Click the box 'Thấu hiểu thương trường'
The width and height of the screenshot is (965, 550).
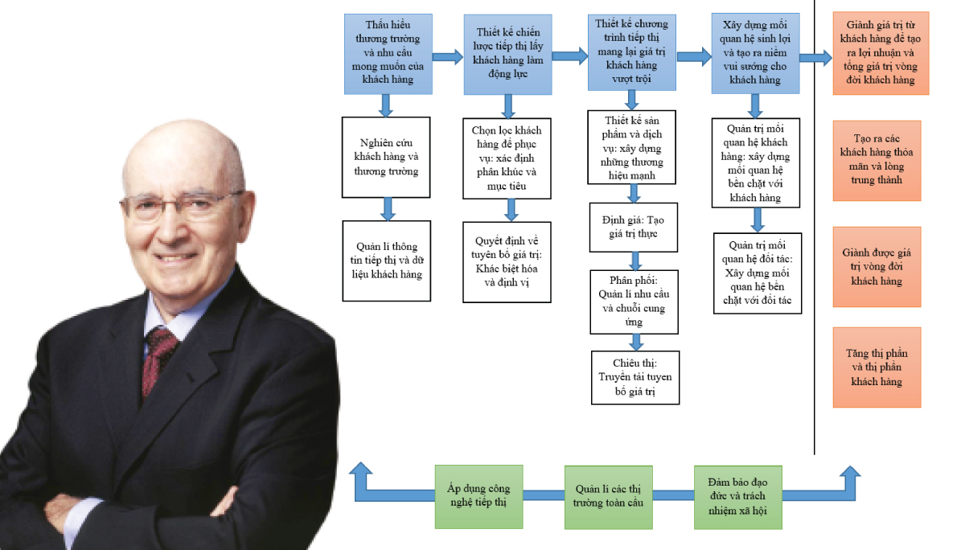(x=388, y=54)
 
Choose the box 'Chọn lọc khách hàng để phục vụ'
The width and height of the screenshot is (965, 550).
(x=507, y=158)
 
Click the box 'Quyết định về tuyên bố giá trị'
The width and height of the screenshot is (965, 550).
(x=507, y=262)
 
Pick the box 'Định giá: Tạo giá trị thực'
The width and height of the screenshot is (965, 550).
(x=634, y=226)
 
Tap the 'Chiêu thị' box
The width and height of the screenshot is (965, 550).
(x=635, y=376)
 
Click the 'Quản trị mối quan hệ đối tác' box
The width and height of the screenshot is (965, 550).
(x=757, y=273)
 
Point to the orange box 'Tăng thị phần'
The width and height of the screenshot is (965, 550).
(x=877, y=367)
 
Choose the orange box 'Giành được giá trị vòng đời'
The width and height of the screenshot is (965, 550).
(x=877, y=267)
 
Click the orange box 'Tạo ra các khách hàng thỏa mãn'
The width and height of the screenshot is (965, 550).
(x=877, y=161)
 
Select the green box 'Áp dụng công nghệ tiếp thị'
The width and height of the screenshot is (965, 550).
(x=478, y=496)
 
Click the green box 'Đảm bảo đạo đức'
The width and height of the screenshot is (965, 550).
(x=737, y=496)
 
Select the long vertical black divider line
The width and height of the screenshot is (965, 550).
(x=815, y=241)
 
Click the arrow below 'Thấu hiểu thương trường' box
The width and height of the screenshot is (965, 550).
(x=386, y=105)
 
